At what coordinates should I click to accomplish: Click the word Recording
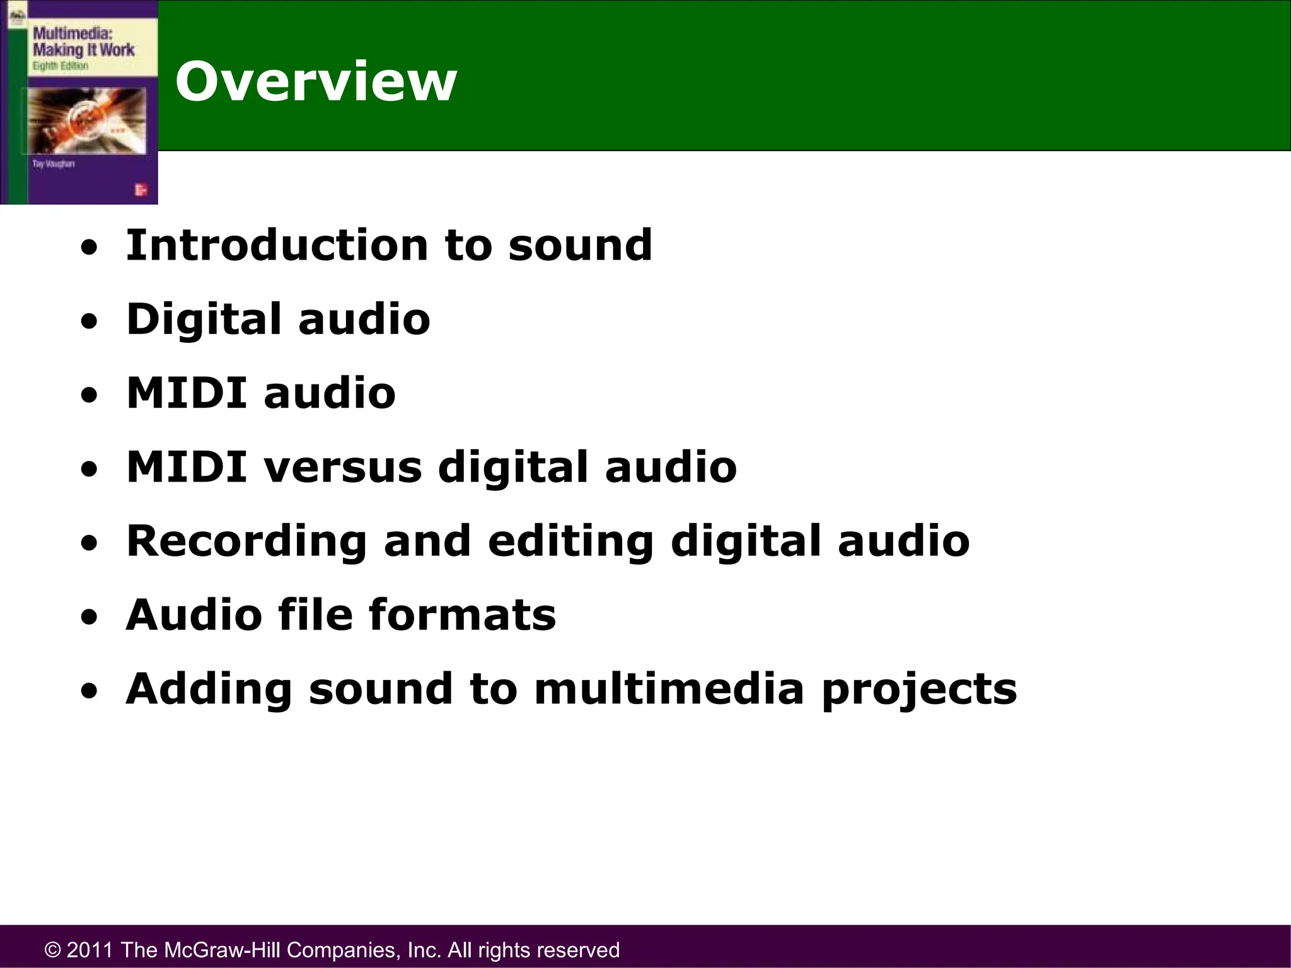(x=246, y=542)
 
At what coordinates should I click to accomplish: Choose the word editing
(x=570, y=542)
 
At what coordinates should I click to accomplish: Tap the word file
(x=315, y=614)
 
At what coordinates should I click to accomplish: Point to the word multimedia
(x=669, y=689)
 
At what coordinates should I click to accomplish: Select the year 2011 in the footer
(x=90, y=950)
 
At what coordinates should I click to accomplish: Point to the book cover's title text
(x=83, y=42)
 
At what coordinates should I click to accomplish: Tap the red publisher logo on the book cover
(x=141, y=189)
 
